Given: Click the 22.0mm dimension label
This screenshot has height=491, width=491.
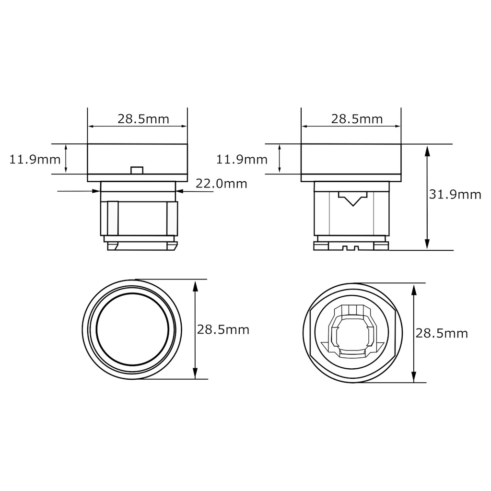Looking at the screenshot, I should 221,183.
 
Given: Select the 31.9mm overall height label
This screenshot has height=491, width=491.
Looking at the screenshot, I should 455,194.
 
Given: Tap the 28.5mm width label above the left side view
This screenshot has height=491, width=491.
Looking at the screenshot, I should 144,119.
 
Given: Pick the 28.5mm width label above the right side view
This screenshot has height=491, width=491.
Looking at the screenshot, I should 357,119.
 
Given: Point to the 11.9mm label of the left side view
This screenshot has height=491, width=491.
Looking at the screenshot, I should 35,159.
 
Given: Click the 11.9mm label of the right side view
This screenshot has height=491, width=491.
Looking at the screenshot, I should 242,159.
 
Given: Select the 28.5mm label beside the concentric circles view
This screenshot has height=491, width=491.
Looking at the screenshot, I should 223,330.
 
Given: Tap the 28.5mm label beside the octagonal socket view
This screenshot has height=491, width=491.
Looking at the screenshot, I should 442,333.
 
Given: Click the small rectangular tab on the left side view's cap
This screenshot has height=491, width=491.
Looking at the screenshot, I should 137,170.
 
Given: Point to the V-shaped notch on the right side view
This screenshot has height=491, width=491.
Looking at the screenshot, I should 352,199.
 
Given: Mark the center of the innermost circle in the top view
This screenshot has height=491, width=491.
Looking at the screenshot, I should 132,329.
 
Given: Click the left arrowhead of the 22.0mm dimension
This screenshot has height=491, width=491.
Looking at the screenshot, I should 96,191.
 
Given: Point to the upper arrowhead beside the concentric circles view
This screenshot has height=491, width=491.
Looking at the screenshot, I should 195,286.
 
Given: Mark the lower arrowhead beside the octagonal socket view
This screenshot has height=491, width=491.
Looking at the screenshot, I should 414,376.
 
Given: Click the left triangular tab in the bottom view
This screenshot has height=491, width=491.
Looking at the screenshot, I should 325,345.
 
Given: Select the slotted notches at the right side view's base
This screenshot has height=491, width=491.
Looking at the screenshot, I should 351,248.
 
